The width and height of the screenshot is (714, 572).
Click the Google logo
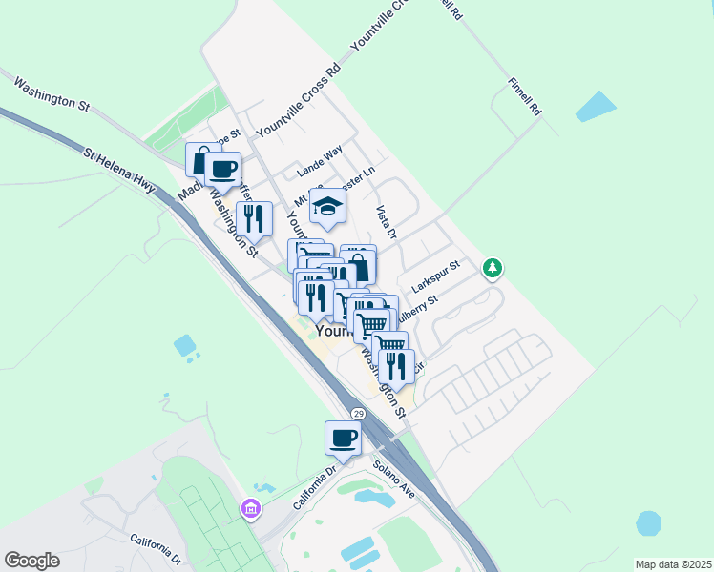point(31,561)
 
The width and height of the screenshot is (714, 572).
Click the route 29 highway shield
point(358,414)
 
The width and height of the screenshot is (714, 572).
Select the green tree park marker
point(493,268)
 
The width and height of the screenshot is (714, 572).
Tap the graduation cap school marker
point(327,208)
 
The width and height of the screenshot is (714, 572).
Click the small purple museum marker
point(251,509)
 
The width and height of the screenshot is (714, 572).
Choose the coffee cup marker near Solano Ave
point(344,439)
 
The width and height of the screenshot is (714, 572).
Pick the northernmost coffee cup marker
point(222,170)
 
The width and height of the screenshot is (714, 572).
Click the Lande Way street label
point(319,161)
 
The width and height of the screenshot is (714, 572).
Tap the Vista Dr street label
point(387,221)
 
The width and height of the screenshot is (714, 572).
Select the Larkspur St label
point(436,276)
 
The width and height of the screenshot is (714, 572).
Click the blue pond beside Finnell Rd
point(596,106)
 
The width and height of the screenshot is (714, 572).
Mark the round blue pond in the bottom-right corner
point(649,523)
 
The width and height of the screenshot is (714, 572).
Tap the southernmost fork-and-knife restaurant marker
point(396,366)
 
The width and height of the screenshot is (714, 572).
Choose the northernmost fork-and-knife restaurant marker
point(254,217)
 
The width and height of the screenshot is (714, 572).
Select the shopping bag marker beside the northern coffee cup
point(201,158)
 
